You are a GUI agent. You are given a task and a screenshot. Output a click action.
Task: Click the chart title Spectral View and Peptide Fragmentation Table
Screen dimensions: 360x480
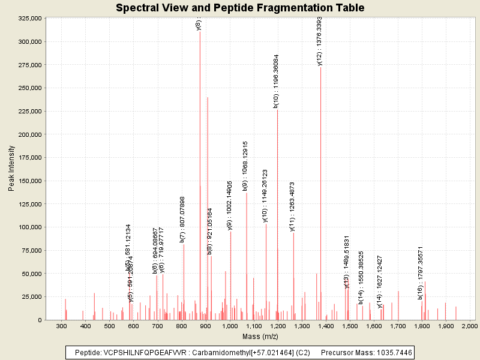[240, 8]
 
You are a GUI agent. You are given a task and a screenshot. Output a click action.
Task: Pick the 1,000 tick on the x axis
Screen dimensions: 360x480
[230, 326]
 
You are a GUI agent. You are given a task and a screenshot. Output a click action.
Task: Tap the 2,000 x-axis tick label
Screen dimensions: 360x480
[469, 326]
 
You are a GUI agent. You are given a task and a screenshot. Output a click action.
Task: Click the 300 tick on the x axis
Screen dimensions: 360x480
[61, 326]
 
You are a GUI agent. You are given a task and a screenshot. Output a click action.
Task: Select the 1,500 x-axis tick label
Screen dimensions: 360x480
[350, 326]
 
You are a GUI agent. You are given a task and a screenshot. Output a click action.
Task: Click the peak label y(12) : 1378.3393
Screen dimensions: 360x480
[320, 41]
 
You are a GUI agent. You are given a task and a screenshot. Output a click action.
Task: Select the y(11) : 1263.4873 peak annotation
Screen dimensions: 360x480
[292, 206]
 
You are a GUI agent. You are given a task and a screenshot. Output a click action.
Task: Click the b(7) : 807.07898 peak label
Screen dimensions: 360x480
[182, 219]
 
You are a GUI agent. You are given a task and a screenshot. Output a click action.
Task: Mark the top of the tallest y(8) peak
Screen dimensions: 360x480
[200, 31]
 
